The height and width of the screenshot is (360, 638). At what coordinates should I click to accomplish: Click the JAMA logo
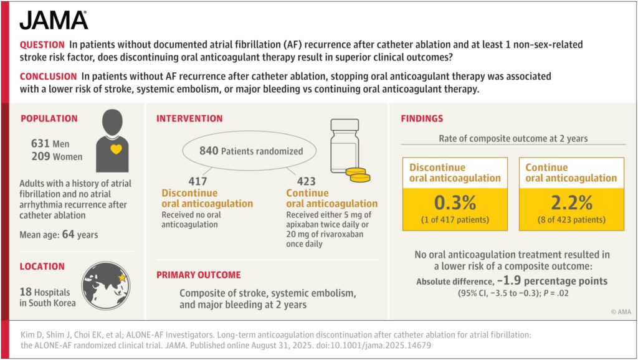tap(54, 21)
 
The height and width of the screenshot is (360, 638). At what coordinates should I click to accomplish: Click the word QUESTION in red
tap(42, 45)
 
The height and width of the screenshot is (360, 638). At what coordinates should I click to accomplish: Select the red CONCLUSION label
tap(48, 77)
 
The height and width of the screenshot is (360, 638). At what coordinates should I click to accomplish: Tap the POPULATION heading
tap(49, 118)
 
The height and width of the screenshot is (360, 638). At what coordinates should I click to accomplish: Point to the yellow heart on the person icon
tap(116, 149)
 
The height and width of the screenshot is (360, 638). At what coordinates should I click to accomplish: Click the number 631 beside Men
tap(40, 144)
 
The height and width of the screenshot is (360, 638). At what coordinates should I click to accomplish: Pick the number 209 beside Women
tap(40, 156)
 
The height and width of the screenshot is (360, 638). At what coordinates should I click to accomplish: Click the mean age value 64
tap(68, 234)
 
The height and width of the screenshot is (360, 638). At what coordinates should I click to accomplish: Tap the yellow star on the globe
tap(122, 278)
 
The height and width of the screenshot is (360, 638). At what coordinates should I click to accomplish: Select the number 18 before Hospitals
tap(25, 292)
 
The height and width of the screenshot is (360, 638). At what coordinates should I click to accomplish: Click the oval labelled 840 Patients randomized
tap(249, 151)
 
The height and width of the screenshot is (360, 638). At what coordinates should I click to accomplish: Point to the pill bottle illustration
tap(345, 146)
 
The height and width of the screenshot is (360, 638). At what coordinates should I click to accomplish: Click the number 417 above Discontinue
tap(198, 181)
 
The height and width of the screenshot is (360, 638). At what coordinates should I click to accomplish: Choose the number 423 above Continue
tap(306, 181)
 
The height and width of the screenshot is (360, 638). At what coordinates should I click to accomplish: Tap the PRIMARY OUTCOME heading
tap(199, 275)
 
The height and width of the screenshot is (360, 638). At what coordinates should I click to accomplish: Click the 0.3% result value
tap(455, 202)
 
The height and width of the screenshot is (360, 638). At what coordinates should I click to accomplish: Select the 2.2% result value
tap(571, 202)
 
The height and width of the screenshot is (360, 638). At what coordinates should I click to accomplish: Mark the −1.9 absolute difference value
tap(508, 280)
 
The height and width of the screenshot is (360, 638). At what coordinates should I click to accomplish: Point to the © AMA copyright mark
tap(621, 312)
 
